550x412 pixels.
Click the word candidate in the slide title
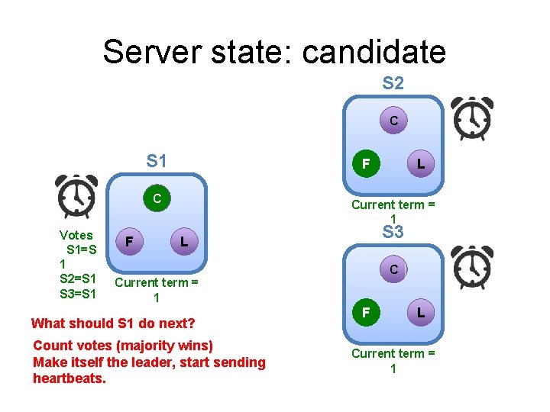pyautogui.click(x=374, y=52)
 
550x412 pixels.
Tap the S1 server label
pyautogui.click(x=157, y=161)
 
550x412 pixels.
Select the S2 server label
pyautogui.click(x=393, y=83)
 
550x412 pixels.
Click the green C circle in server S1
pyautogui.click(x=157, y=199)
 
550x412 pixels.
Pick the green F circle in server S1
pyautogui.click(x=131, y=242)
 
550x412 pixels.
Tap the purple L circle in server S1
pyautogui.click(x=183, y=242)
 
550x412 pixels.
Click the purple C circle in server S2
pyautogui.click(x=393, y=121)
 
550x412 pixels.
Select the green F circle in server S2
pyautogui.click(x=367, y=163)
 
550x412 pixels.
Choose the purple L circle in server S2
pyautogui.click(x=421, y=163)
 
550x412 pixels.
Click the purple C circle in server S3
pyautogui.click(x=393, y=269)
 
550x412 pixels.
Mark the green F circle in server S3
pyautogui.click(x=367, y=312)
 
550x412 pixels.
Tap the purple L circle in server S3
pyautogui.click(x=421, y=312)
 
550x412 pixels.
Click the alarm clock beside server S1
pyautogui.click(x=76, y=197)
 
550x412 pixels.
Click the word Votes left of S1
pyautogui.click(x=76, y=235)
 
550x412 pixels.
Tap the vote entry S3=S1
pyautogui.click(x=78, y=294)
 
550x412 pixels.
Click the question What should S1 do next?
pyautogui.click(x=113, y=323)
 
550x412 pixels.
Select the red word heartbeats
pyautogui.click(x=70, y=378)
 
